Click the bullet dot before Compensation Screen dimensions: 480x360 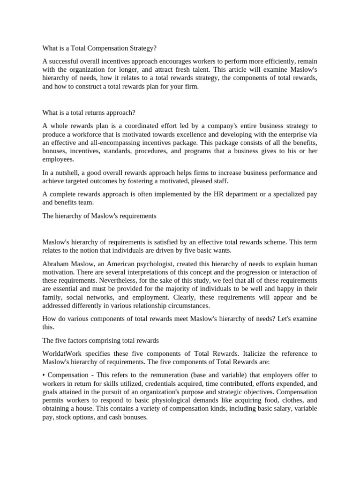[x=44, y=375]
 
